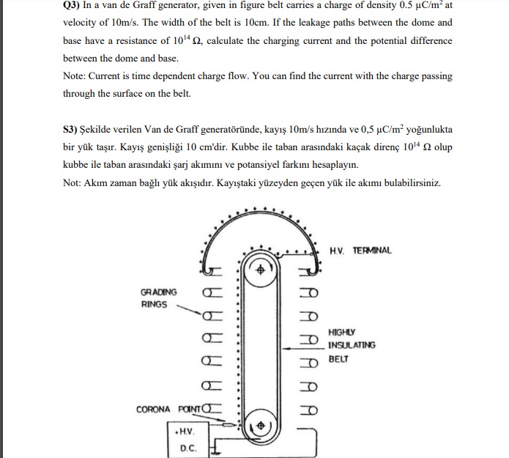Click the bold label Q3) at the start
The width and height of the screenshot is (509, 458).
point(73,5)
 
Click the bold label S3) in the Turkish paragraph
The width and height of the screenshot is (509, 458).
point(72,128)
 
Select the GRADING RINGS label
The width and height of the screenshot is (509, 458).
point(159,298)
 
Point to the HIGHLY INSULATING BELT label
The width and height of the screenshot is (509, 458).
point(352,345)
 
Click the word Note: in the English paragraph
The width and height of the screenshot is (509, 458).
point(75,75)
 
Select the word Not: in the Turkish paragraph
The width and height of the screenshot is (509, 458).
point(74,182)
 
